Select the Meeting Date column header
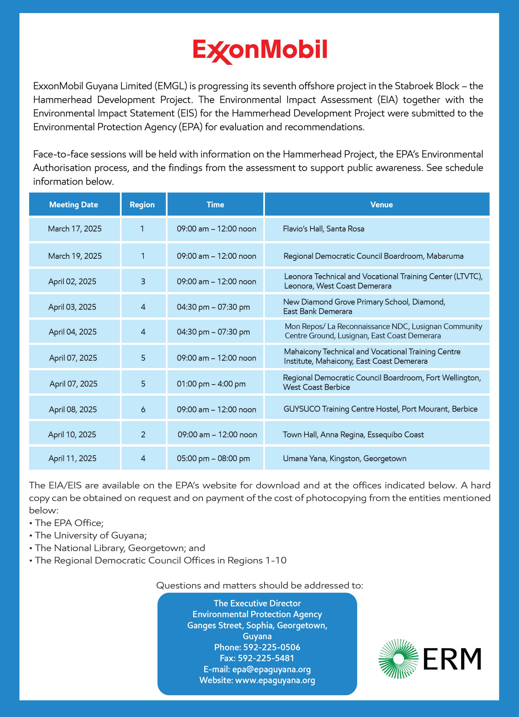[x=74, y=205]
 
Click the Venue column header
[x=381, y=205]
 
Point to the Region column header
[x=142, y=205]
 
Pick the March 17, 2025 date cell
[x=75, y=229]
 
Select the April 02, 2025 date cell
[x=72, y=281]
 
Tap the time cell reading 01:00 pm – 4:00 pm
[x=211, y=384]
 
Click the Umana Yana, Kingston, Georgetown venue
[x=344, y=458]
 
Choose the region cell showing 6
[x=143, y=409]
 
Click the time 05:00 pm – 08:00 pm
[x=213, y=458]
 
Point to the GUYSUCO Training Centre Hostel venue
[x=380, y=409]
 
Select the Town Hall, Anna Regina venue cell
[x=353, y=435]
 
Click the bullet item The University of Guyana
[x=91, y=535]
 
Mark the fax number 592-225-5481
[x=266, y=658]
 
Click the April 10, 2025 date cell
[x=72, y=435]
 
